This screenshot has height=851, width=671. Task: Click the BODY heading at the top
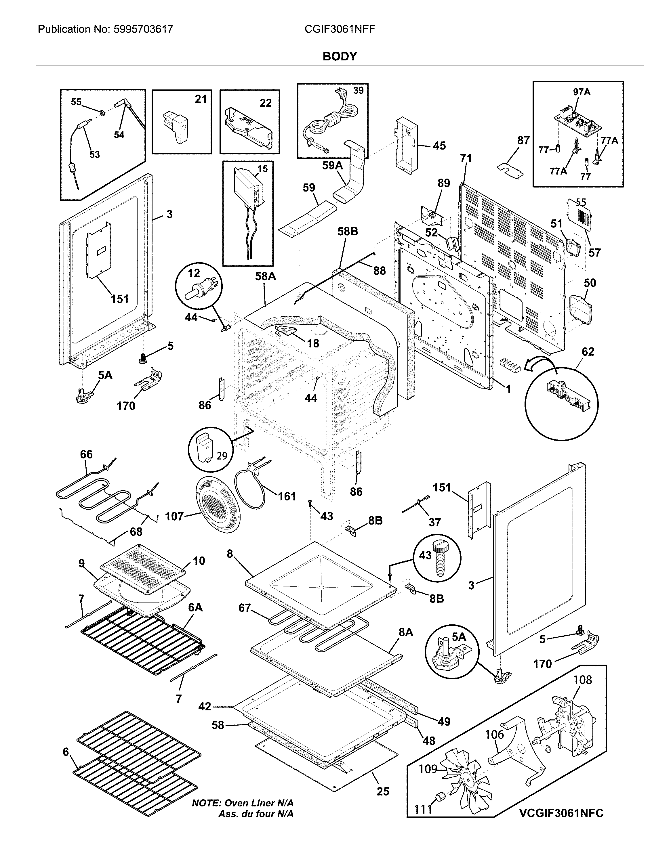click(x=340, y=57)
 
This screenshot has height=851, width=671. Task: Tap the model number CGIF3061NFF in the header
click(x=340, y=29)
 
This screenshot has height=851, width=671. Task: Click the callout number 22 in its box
click(x=266, y=103)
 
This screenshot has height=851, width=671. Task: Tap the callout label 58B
click(x=348, y=232)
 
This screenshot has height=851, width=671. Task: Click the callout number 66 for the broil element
click(x=86, y=454)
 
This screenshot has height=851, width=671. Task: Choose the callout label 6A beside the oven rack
click(x=195, y=607)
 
